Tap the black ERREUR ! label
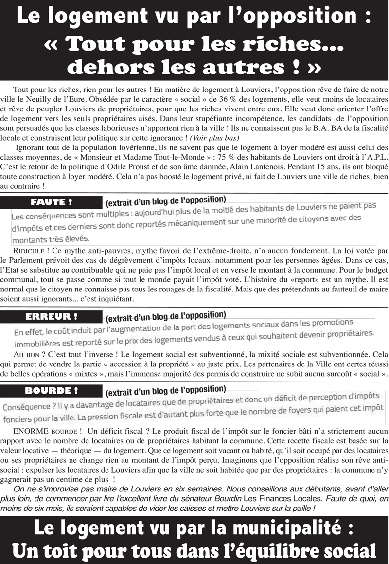tap(52, 316)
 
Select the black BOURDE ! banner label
tap(52, 391)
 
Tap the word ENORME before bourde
tap(30, 431)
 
